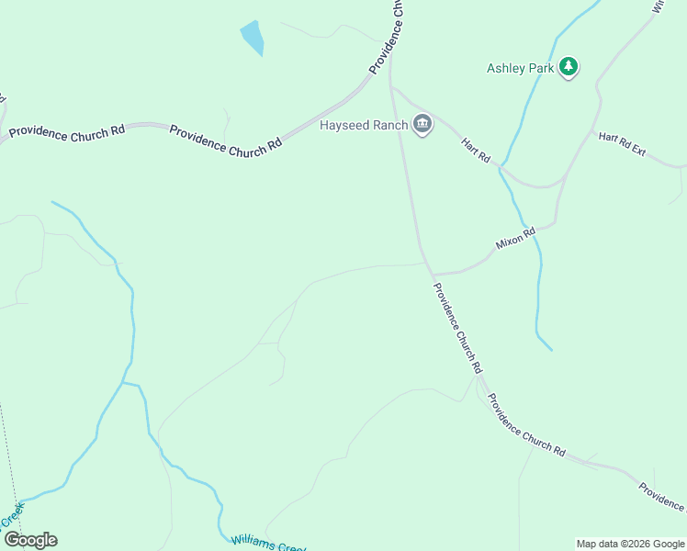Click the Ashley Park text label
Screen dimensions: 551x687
[x=520, y=68]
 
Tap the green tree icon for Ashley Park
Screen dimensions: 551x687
[x=569, y=66]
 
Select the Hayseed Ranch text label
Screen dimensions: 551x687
[x=363, y=125]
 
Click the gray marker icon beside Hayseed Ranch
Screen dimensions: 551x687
[x=422, y=124]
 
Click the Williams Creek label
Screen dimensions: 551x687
[x=267, y=544]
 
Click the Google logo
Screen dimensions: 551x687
[x=30, y=540]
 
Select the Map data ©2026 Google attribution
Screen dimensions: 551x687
[x=630, y=544]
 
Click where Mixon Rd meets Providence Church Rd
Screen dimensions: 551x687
[x=432, y=274]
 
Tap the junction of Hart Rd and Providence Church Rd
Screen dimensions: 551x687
[x=392, y=88]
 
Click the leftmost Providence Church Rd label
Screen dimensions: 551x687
[x=66, y=132]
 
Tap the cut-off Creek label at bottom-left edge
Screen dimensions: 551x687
[x=11, y=516]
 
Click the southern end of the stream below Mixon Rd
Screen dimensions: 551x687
[x=551, y=350]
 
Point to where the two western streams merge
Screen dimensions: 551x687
[x=124, y=382]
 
